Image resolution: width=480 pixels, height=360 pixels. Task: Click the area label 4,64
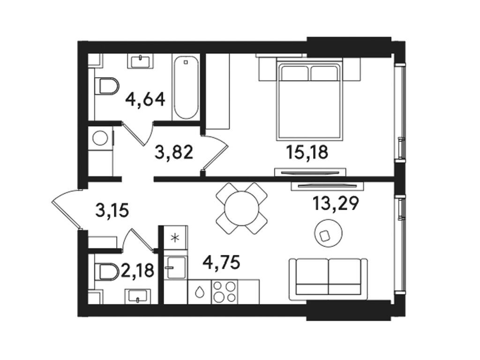(x=145, y=99)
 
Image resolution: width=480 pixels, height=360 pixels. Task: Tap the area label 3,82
(x=174, y=152)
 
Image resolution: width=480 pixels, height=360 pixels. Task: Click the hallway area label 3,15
(x=112, y=210)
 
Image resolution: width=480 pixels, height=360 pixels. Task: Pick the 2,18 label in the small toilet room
(x=138, y=270)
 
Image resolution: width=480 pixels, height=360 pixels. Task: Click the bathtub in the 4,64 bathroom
(x=186, y=88)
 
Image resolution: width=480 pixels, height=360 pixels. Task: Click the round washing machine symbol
(x=100, y=138)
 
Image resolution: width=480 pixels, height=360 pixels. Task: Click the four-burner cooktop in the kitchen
(x=224, y=291)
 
